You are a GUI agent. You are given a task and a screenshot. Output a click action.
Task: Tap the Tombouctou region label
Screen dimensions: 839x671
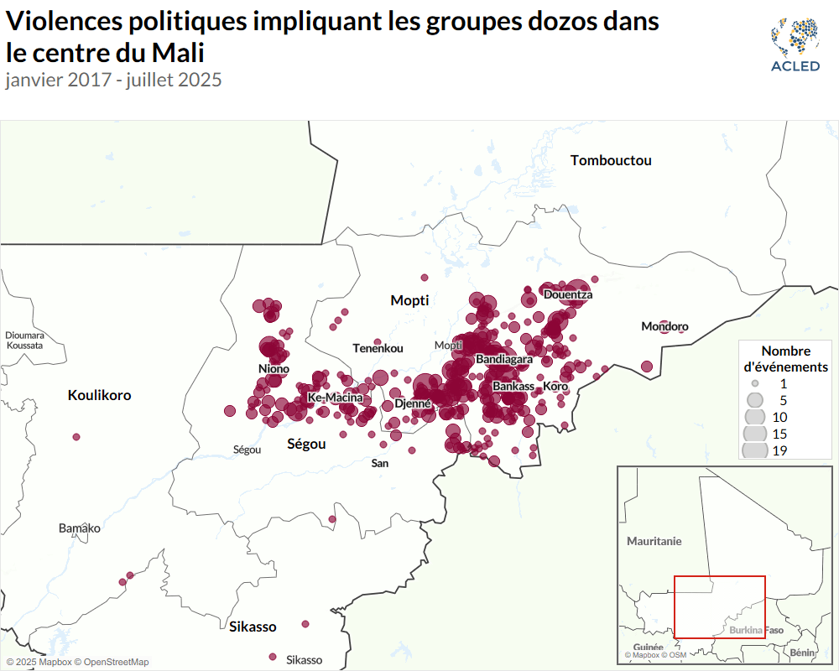pos(611,160)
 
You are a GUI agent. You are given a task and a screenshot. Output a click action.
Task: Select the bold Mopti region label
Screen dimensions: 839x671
pos(409,300)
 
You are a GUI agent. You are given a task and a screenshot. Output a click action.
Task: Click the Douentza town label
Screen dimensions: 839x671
pos(568,294)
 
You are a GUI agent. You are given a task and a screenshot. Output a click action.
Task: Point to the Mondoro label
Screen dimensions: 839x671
pos(664,326)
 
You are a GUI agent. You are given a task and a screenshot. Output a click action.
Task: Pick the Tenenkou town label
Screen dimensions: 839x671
pos(378,348)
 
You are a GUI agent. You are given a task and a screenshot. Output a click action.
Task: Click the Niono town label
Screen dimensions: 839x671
pos(274,369)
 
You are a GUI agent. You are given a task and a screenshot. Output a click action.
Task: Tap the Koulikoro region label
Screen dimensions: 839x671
pos(99,395)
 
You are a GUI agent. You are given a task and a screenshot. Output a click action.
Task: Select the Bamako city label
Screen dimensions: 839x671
pos(80,528)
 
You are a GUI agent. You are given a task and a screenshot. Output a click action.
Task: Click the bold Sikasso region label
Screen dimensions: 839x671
pos(253,627)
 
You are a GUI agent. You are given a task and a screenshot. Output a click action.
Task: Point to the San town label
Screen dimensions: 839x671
pos(380,463)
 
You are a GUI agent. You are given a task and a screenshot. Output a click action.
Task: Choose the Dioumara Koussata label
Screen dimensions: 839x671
pos(23,340)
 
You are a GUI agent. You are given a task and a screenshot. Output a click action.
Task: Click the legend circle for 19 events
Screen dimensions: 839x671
pos(755,450)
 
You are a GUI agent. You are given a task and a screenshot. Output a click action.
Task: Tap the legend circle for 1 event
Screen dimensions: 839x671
pos(755,382)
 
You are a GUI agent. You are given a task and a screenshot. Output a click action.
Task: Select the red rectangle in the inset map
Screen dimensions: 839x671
pos(720,607)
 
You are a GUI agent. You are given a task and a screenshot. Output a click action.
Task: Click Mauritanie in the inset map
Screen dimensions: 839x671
pos(654,541)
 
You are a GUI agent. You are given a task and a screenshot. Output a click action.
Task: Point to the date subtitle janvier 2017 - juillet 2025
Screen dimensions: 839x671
pos(113,81)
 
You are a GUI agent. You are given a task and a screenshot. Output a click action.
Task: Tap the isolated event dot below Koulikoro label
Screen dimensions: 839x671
pos(76,437)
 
